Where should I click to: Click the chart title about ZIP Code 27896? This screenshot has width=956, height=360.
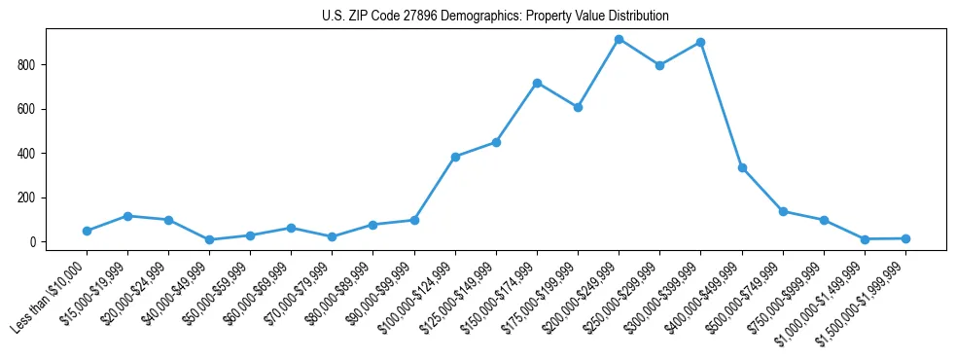(495, 17)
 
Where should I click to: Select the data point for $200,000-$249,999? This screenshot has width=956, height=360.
(619, 39)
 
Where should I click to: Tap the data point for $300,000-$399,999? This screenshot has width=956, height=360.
(700, 43)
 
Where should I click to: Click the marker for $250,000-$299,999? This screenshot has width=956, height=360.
(659, 65)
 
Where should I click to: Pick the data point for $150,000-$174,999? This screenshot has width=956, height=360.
(537, 83)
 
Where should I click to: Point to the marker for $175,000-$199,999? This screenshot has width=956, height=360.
(578, 107)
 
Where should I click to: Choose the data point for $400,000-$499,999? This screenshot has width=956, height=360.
(742, 168)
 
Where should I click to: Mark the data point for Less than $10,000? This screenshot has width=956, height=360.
(87, 231)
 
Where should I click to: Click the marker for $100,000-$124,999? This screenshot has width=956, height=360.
(455, 157)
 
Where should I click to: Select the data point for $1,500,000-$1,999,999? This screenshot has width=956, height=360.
(905, 238)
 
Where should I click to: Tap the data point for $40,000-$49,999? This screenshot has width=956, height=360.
(210, 239)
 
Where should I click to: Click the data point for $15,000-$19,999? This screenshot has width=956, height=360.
(127, 216)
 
